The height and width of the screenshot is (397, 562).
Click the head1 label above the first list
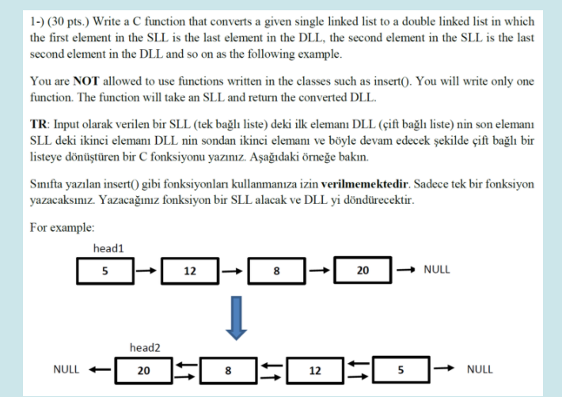pos(108,248)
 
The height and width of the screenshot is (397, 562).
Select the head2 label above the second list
pos(145,347)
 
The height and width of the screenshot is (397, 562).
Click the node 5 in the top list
pos(104,270)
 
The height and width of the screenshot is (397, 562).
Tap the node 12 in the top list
pos(190,270)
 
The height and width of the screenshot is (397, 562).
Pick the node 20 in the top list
pos(362,270)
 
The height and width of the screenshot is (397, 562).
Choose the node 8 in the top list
pos(275,270)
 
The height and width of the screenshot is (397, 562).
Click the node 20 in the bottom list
pos(144,369)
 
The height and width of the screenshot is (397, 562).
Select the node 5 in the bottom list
pos(401,369)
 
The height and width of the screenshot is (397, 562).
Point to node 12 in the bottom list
pos(314,369)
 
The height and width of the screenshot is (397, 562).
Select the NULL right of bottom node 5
pos(480,369)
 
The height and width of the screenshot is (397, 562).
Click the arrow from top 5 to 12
pos(146,270)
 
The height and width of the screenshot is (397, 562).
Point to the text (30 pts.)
pos(66,23)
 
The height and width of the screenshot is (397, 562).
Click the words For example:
pos(62,228)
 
